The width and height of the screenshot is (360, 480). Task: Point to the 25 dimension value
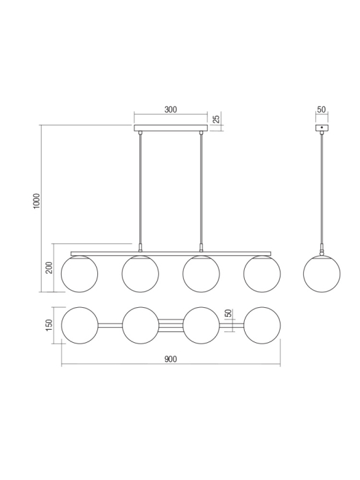click(217, 120)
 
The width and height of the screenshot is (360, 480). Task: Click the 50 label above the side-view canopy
click(322, 110)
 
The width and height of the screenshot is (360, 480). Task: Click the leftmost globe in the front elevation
click(80, 274)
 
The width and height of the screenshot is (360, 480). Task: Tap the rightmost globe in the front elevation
click(262, 274)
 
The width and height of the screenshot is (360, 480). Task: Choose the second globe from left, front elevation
click(141, 274)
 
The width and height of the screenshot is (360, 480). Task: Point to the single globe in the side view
click(322, 274)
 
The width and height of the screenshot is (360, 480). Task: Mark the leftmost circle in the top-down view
click(80, 326)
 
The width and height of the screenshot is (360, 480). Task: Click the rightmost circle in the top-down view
click(262, 326)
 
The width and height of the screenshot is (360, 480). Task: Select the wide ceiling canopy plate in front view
click(171, 128)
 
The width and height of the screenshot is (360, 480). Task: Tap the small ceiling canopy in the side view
click(322, 128)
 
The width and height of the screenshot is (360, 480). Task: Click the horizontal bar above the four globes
click(171, 253)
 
